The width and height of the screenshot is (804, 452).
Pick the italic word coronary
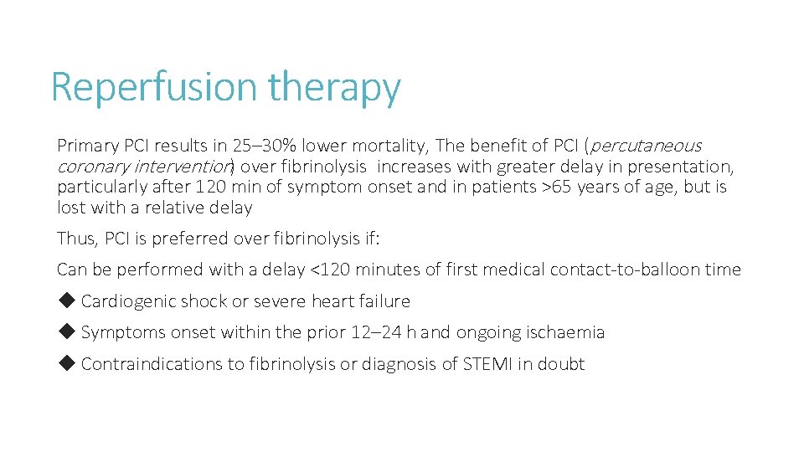(90, 166)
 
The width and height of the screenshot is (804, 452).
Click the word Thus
(76, 239)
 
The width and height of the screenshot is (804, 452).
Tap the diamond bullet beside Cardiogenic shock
(67, 300)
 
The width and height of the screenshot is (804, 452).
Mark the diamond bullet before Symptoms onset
(67, 331)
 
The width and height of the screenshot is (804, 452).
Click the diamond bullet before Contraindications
(67, 363)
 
